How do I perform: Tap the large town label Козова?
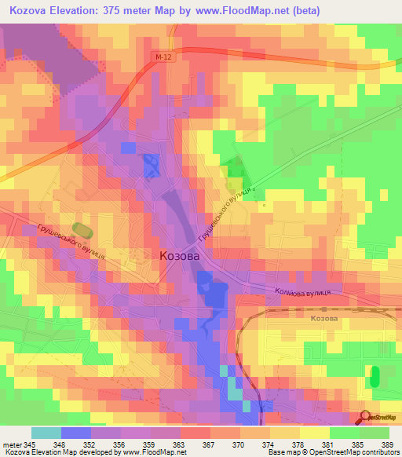[179, 256]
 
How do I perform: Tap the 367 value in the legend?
[209, 444]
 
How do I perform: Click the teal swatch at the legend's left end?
[46, 433]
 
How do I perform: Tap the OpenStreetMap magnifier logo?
[366, 419]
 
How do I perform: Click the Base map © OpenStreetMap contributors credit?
[333, 452]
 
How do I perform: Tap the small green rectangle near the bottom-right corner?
[375, 376]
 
